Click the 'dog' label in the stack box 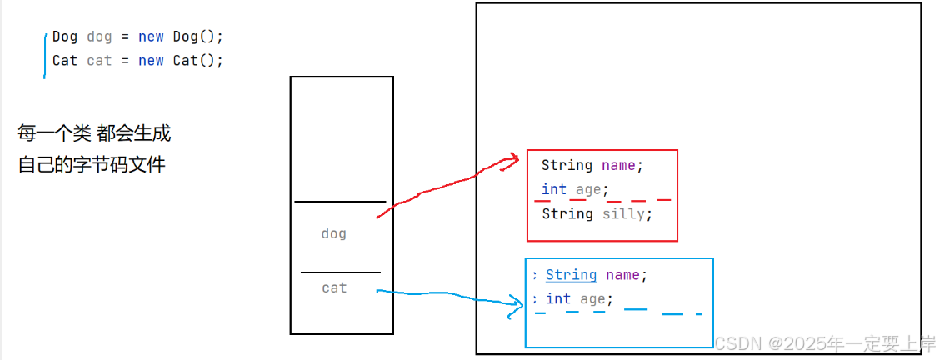[x=333, y=234]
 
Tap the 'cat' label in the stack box [x=334, y=287]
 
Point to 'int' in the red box [x=553, y=189]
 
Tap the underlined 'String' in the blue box [x=571, y=275]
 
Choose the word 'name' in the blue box [x=623, y=275]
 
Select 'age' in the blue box [x=594, y=298]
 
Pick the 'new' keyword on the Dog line [x=151, y=37]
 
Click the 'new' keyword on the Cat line [x=151, y=61]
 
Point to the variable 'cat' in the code [x=99, y=61]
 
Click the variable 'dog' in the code [x=99, y=37]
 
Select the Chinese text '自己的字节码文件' [x=92, y=164]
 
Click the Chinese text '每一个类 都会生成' [x=94, y=132]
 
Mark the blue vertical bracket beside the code [x=46, y=54]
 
